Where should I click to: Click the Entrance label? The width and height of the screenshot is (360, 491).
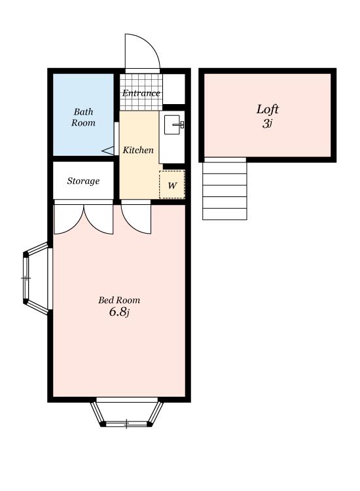pyautogui.click(x=141, y=93)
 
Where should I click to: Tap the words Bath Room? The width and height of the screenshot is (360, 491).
pyautogui.click(x=83, y=117)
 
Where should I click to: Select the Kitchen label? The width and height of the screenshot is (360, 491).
pyautogui.click(x=138, y=150)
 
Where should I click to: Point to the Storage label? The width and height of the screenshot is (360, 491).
pyautogui.click(x=83, y=181)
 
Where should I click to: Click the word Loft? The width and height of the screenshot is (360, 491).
pyautogui.click(x=267, y=109)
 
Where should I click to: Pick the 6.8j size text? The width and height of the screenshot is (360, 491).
pyautogui.click(x=119, y=312)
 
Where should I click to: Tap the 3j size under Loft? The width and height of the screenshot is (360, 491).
pyautogui.click(x=267, y=124)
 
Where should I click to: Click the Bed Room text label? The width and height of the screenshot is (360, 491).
pyautogui.click(x=119, y=300)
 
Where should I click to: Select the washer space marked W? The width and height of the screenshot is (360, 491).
pyautogui.click(x=172, y=185)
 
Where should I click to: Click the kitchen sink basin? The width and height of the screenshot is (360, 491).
pyautogui.click(x=172, y=125)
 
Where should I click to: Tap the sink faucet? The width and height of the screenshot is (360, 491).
pyautogui.click(x=180, y=124)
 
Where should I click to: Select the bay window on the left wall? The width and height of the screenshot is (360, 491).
pyautogui.click(x=36, y=278)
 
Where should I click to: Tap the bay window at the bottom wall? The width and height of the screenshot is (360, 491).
pyautogui.click(x=127, y=412)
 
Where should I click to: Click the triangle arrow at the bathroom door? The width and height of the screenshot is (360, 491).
pyautogui.click(x=108, y=151)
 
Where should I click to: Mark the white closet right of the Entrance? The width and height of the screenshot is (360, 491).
pyautogui.click(x=174, y=89)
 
